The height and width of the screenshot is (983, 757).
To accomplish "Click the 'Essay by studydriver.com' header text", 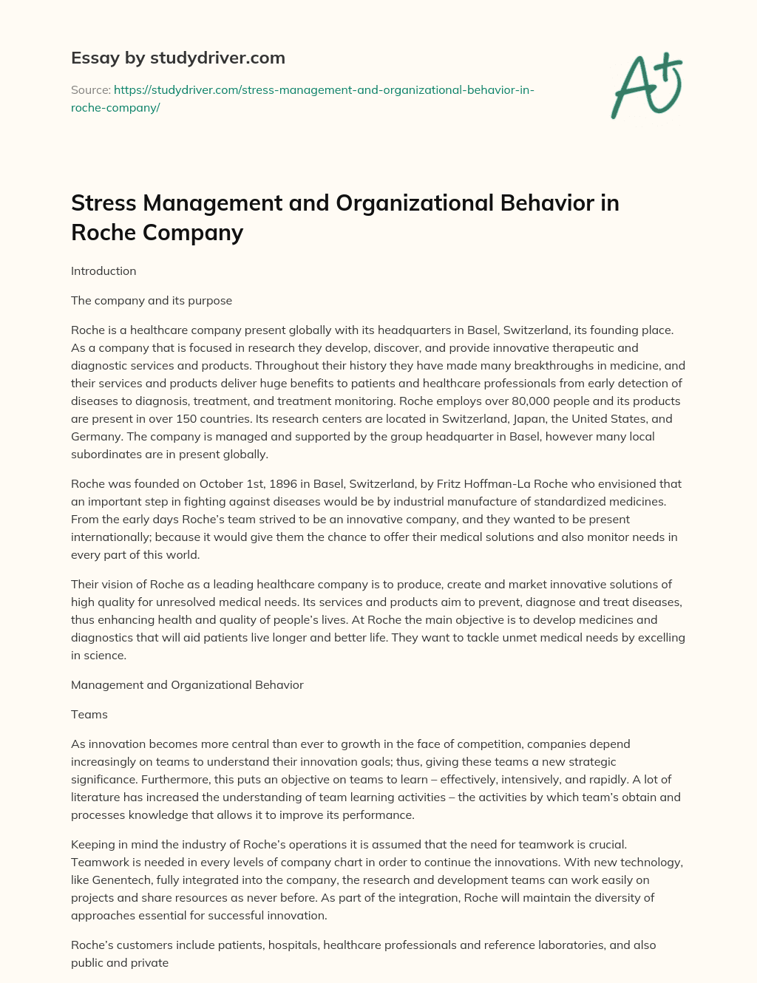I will pyautogui.click(x=178, y=58).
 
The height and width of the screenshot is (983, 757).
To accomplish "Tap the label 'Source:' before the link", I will pyautogui.click(x=91, y=90).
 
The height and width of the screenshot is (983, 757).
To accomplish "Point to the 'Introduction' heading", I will pyautogui.click(x=103, y=271).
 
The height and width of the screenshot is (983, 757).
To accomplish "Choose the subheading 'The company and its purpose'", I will pyautogui.click(x=152, y=301).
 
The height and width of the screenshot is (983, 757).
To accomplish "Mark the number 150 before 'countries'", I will pyautogui.click(x=177, y=419).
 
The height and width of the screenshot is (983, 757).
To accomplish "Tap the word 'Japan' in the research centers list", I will pyautogui.click(x=526, y=419).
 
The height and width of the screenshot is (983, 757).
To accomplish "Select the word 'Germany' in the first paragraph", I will pyautogui.click(x=96, y=437).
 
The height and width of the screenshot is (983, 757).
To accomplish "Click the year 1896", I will pyautogui.click(x=283, y=484).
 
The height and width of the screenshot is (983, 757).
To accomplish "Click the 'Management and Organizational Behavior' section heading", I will pyautogui.click(x=187, y=685).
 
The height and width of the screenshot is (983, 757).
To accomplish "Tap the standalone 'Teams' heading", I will pyautogui.click(x=89, y=715).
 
